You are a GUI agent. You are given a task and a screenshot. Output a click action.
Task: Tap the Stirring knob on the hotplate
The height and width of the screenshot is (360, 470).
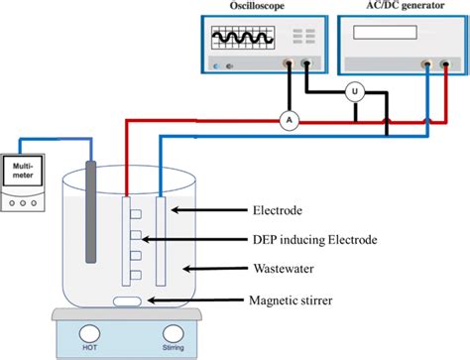click(174, 334)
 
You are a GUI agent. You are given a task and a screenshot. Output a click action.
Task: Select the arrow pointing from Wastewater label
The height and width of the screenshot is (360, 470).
click(212, 269)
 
